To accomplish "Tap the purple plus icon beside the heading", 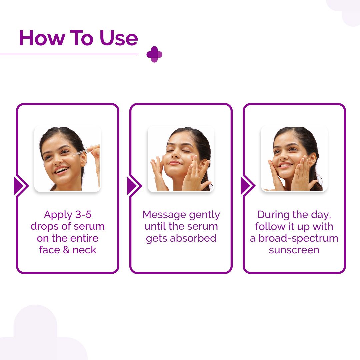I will point(154,54).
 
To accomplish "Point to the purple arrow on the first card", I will point(21,186).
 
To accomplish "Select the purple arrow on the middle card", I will point(134,186).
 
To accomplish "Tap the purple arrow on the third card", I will point(247,186).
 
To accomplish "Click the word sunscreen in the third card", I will point(294,250).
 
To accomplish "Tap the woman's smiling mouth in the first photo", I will point(62,170).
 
